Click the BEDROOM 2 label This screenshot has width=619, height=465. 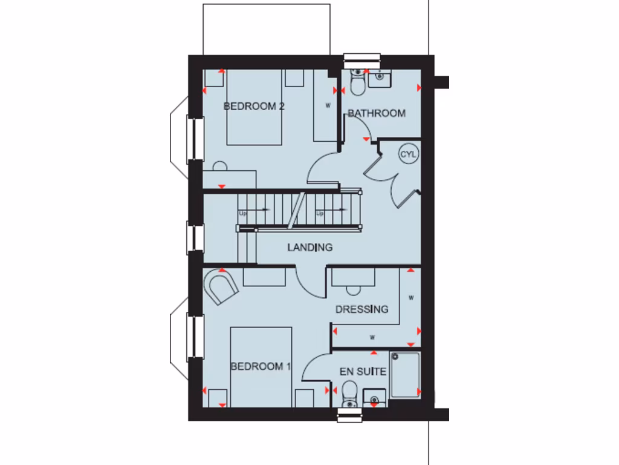tap(254, 107)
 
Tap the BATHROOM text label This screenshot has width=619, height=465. tap(376, 113)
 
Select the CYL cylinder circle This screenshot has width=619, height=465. tap(409, 154)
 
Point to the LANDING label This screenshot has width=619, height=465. tap(309, 247)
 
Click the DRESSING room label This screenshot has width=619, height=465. tap(361, 309)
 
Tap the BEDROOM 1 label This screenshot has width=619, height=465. tap(261, 366)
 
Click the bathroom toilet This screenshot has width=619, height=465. tap(357, 84)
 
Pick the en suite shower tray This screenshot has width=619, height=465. tap(405, 375)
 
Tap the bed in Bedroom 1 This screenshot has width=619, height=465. tap(261, 367)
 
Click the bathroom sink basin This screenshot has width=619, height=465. tap(379, 76)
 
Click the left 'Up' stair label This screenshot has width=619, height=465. tap(243, 213)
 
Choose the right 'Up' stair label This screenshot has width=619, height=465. tap(320, 213)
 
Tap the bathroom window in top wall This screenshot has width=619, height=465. tap(362, 59)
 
